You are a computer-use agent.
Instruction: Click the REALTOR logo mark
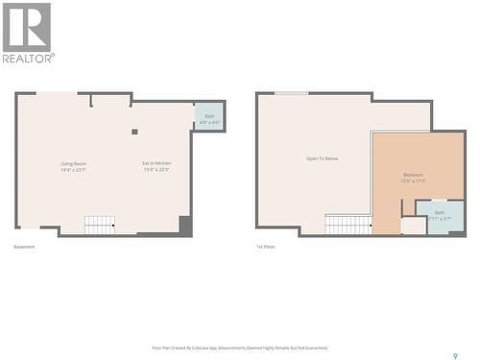[x=27, y=26]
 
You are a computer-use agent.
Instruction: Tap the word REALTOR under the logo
[x=29, y=58]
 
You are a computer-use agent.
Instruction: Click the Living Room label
[x=74, y=164]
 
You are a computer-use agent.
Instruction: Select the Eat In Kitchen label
[x=156, y=164]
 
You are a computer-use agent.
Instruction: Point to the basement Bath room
[x=209, y=117]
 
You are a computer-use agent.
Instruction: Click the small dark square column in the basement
[x=134, y=132]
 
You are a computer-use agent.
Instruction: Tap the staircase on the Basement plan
[x=99, y=225]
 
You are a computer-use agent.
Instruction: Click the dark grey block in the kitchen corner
[x=185, y=226]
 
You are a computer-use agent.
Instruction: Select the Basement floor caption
[x=24, y=247]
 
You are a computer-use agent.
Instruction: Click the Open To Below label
[x=322, y=158]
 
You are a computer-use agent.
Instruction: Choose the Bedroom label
[x=415, y=174]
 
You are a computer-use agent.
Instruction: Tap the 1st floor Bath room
[x=440, y=215]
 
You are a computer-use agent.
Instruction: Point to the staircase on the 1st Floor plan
[x=348, y=225]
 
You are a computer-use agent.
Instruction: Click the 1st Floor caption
[x=266, y=247]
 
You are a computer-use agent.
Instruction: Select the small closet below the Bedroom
[x=413, y=226]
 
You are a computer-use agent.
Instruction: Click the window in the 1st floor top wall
[x=291, y=93]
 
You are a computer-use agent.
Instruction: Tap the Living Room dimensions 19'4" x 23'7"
[x=74, y=170]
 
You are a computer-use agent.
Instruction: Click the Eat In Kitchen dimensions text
[x=156, y=170]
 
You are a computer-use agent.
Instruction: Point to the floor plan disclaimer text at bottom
[x=240, y=348]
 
